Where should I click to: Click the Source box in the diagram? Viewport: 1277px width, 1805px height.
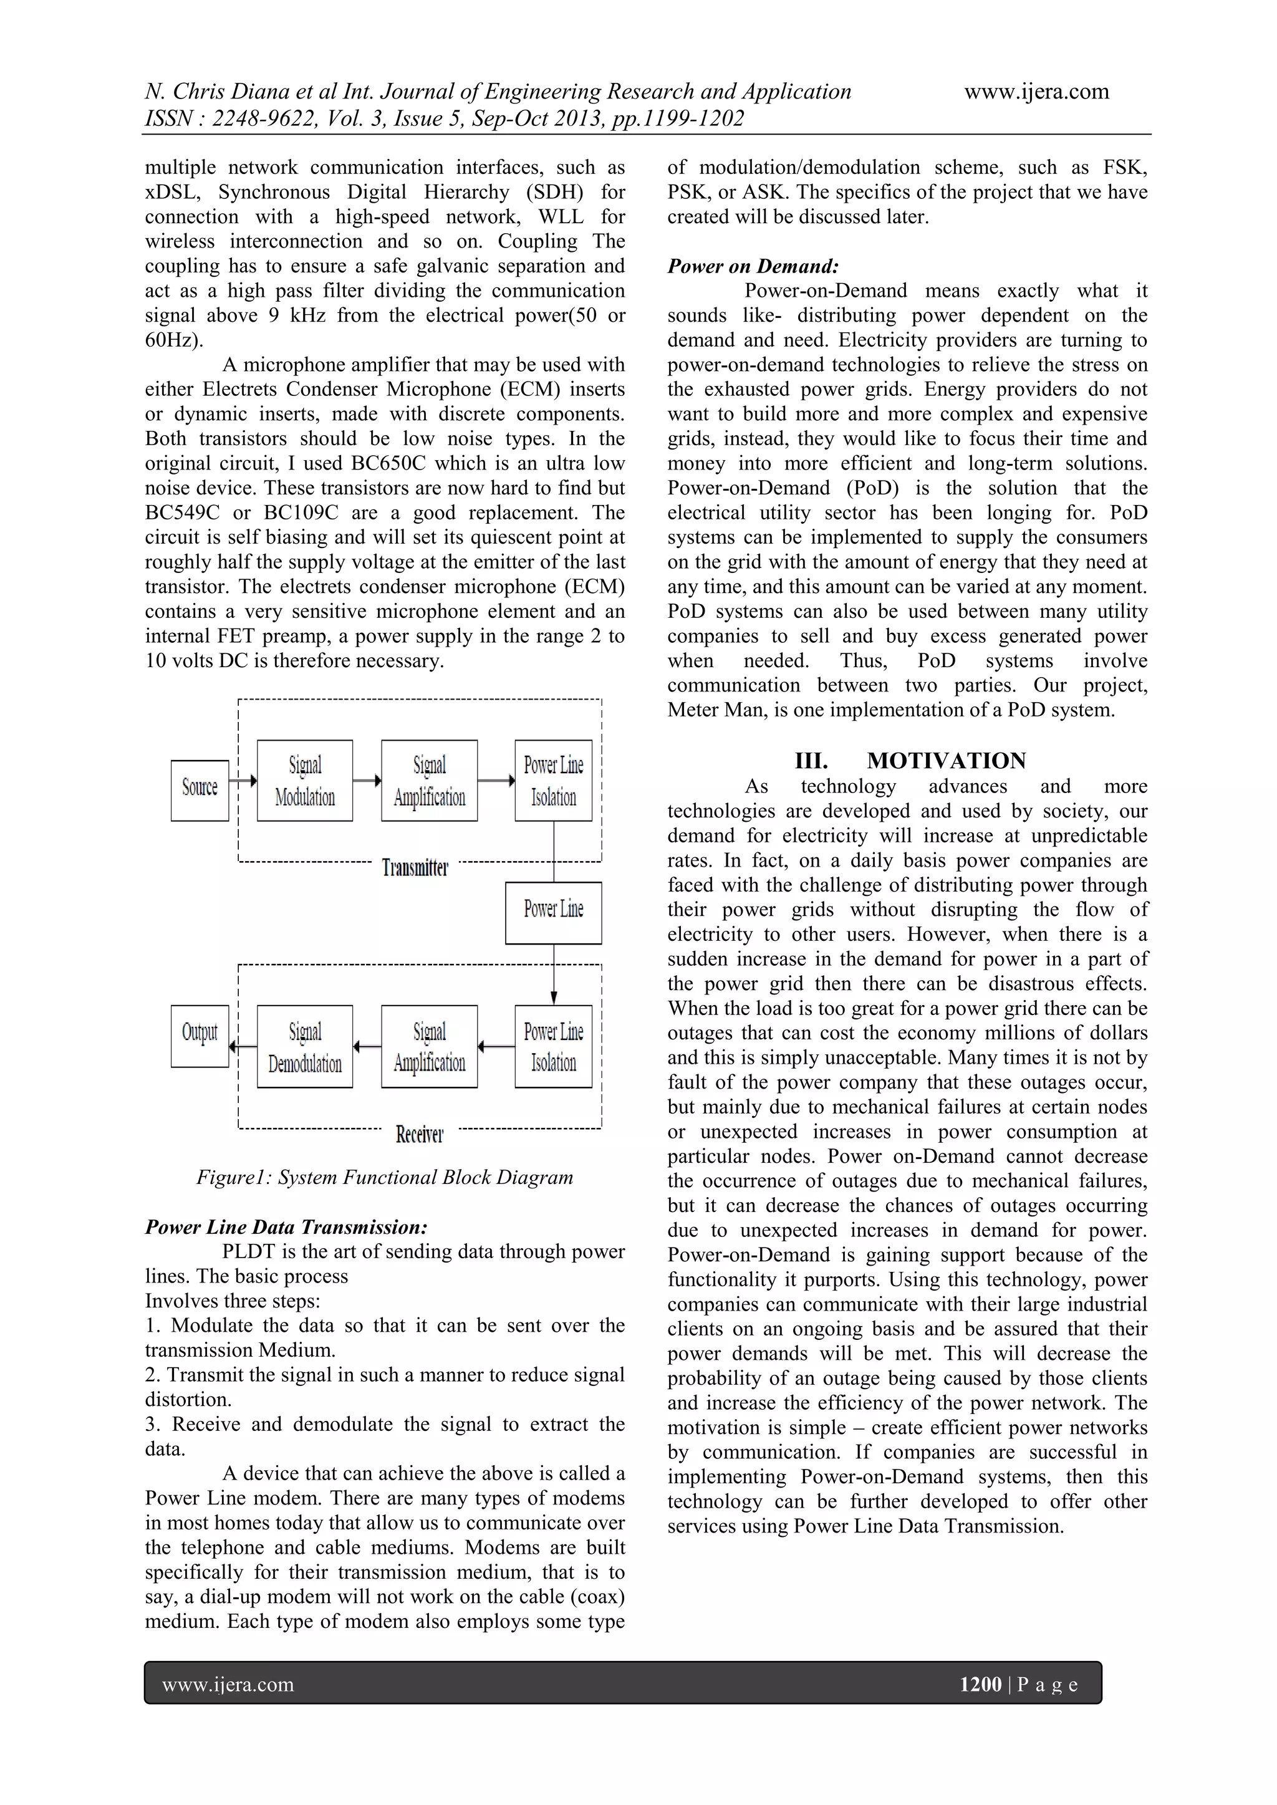[200, 789]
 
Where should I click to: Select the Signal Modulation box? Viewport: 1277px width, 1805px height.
[305, 780]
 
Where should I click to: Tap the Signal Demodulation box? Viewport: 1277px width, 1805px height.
[305, 1046]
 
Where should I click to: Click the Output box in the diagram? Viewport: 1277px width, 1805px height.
[200, 1036]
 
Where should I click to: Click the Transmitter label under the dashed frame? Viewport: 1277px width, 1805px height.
[415, 868]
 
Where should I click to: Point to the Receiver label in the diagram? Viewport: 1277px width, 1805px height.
[419, 1134]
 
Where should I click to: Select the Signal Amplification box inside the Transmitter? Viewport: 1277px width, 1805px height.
[430, 780]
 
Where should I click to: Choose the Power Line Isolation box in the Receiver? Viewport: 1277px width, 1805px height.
[554, 1046]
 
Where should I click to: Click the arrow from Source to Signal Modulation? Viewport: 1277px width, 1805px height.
[243, 781]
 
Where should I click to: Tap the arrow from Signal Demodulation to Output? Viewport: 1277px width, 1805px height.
[243, 1046]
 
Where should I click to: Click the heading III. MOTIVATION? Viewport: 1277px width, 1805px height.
[910, 760]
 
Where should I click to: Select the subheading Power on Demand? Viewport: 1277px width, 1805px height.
[753, 266]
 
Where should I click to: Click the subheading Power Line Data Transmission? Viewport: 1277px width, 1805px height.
[286, 1226]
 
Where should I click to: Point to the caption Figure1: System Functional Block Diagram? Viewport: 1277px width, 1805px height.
[385, 1177]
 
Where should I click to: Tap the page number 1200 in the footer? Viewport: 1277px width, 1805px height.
[981, 1684]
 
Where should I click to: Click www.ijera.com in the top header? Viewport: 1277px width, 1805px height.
[1036, 92]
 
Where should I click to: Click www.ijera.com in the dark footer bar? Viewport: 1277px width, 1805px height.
[228, 1684]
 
